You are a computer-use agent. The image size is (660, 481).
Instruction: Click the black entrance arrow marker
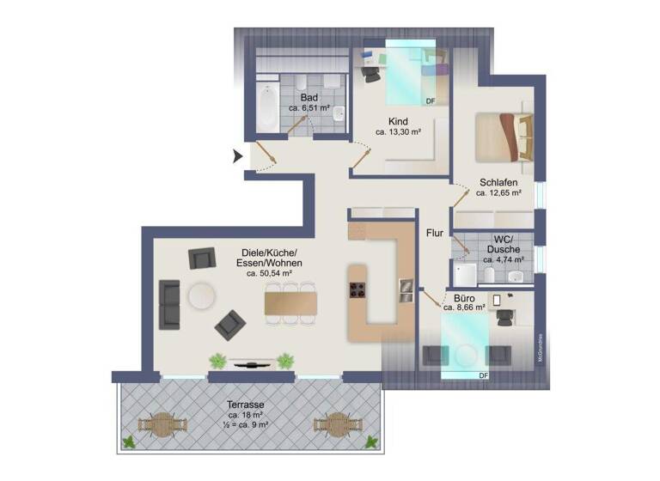pos(237,156)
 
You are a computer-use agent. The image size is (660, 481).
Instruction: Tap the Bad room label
pos(309,97)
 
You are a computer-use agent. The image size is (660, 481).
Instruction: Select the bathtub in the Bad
pos(266,107)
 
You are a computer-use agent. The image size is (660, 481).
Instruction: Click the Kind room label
pos(398,121)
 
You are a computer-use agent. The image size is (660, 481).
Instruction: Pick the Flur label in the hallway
pos(434,232)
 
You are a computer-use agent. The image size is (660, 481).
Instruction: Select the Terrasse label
pos(246,403)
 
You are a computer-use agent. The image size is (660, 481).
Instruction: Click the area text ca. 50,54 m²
pos(270,273)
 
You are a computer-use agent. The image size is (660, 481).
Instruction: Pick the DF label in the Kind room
pos(431,101)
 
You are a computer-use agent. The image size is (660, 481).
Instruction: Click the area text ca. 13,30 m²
pos(398,132)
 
